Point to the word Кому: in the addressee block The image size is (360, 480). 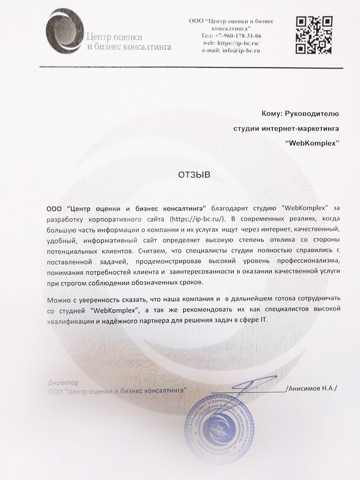coord(273,114)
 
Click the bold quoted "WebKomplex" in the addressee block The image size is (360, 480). coord(312,143)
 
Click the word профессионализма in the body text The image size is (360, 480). coord(302,261)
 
